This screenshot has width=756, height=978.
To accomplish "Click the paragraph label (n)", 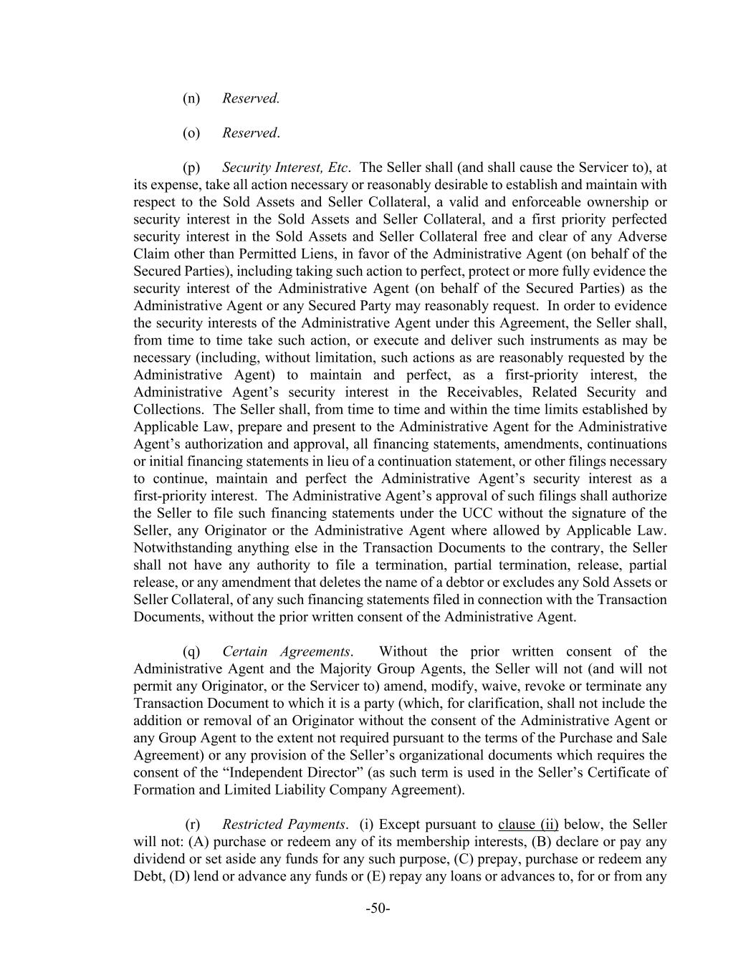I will [x=191, y=98].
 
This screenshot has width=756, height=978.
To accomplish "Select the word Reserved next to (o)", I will [x=249, y=133].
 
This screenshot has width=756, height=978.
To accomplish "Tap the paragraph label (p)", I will [x=191, y=168].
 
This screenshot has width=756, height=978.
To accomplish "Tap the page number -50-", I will [x=378, y=909].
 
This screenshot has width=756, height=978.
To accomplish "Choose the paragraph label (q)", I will [x=191, y=651].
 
